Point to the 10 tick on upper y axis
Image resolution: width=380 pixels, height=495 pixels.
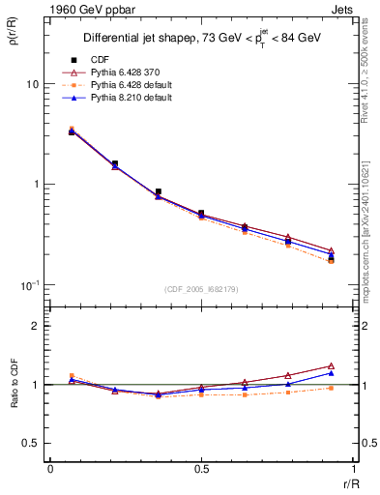coord(32,84)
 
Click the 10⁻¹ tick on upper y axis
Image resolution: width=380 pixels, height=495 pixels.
coord(30,283)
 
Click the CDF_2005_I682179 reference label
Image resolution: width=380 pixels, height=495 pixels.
coord(200,289)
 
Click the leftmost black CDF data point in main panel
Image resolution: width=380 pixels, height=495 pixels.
coord(72,131)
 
